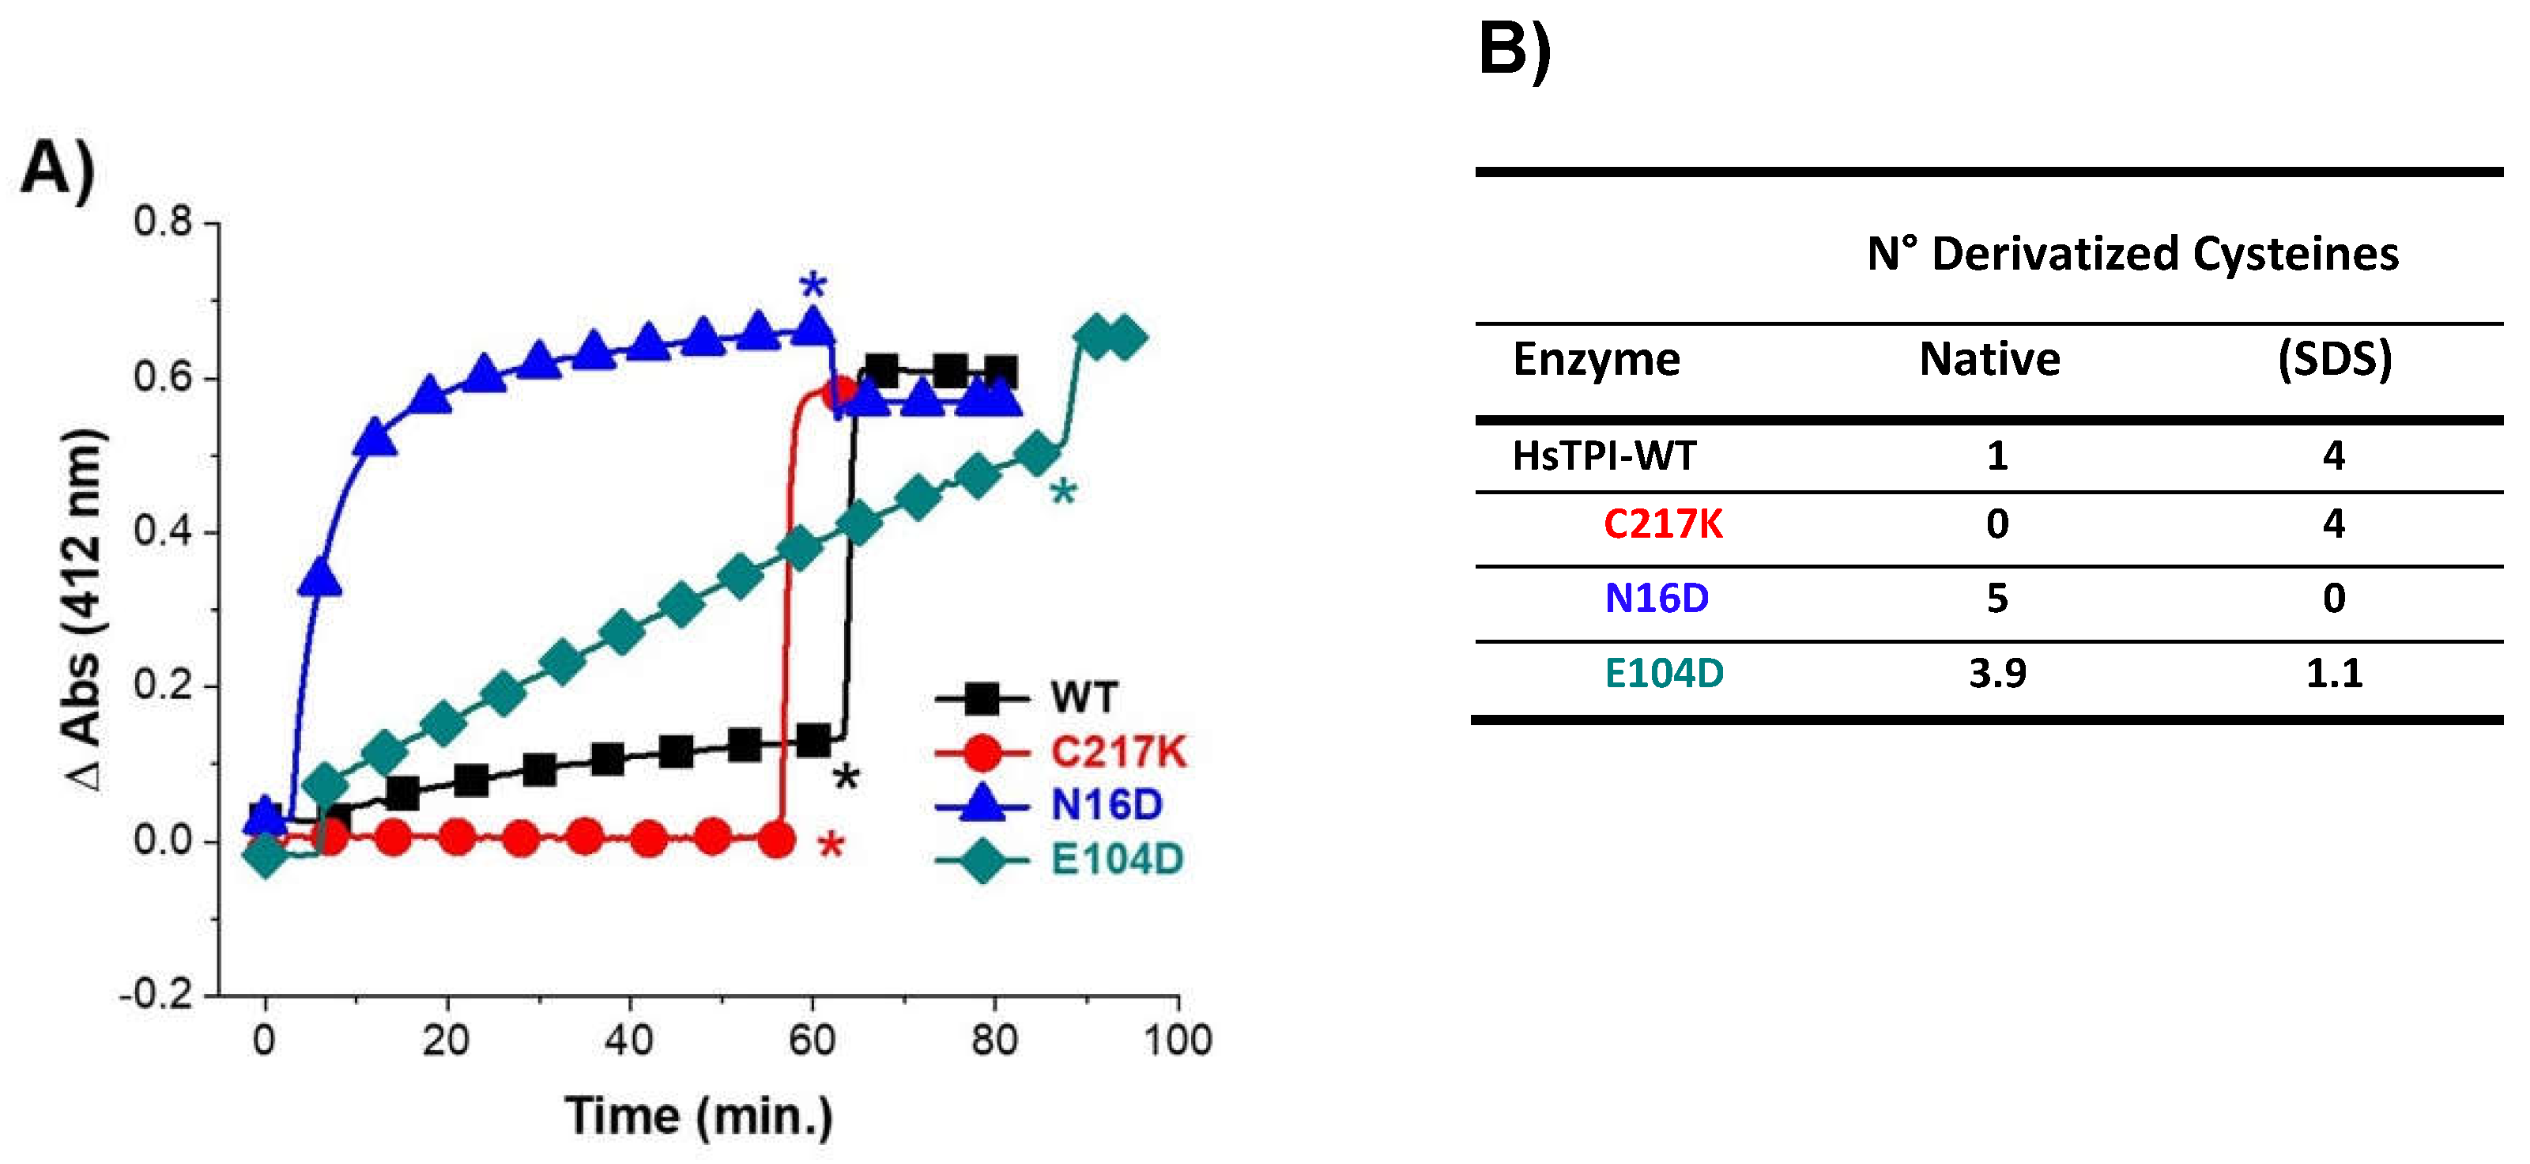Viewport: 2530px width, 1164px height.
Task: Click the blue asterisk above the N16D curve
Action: (x=813, y=289)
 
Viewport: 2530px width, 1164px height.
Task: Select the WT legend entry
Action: (x=1027, y=698)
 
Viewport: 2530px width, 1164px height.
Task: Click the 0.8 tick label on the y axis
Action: (x=163, y=222)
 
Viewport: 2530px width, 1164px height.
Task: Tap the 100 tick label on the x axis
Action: (x=1177, y=1040)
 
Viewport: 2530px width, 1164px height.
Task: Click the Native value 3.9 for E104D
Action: (x=1996, y=674)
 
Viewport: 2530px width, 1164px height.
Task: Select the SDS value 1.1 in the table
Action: (x=2333, y=674)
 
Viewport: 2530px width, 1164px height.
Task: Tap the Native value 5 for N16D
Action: (x=1996, y=598)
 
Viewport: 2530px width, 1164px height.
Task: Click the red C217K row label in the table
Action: (x=1662, y=524)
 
